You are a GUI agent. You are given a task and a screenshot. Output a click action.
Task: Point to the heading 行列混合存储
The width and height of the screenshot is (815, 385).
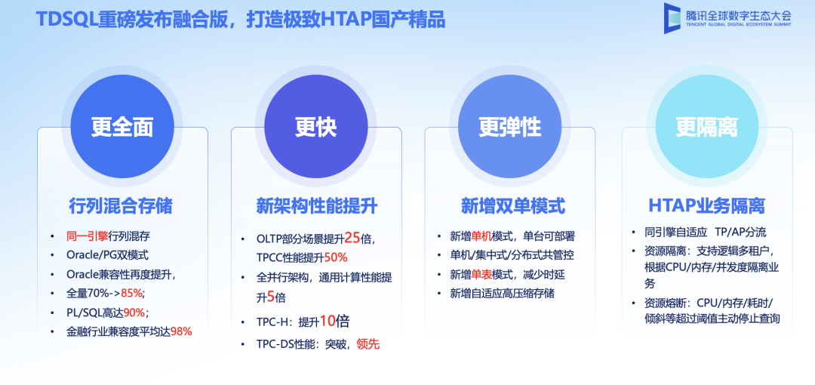pyautogui.click(x=121, y=205)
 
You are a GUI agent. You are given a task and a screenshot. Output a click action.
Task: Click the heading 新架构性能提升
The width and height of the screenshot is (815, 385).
pyautogui.click(x=317, y=205)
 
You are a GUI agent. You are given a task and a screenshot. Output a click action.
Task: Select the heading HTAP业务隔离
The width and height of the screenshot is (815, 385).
pyautogui.click(x=707, y=205)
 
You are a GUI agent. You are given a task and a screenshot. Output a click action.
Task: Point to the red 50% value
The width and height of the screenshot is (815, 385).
pyautogui.click(x=336, y=257)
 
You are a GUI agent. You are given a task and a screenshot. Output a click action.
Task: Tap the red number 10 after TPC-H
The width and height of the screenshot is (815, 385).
pyautogui.click(x=327, y=321)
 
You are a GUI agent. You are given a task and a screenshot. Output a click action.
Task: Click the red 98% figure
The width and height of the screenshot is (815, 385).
pyautogui.click(x=181, y=331)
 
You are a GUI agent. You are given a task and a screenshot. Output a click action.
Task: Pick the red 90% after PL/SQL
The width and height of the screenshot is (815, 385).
pyautogui.click(x=135, y=312)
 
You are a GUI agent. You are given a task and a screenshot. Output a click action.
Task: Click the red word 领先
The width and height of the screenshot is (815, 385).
pyautogui.click(x=368, y=344)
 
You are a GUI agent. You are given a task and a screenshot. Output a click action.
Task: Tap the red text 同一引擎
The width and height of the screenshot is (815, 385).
pyautogui.click(x=88, y=236)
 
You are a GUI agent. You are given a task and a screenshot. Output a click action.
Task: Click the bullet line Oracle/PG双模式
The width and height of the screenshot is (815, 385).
pyautogui.click(x=108, y=255)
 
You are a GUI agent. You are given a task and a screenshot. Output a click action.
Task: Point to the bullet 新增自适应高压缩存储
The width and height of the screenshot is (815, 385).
pyautogui.click(x=503, y=293)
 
